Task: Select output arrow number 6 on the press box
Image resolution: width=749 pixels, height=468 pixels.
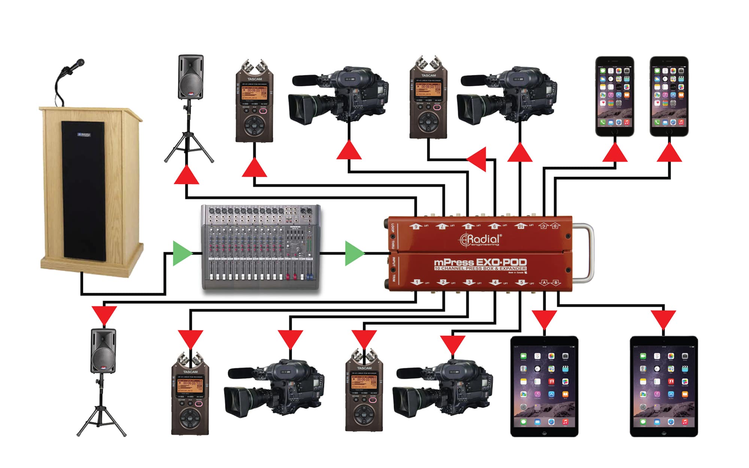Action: click(x=415, y=226)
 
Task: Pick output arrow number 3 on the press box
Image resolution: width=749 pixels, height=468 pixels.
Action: click(x=469, y=282)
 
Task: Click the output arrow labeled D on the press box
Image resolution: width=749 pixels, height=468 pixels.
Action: click(x=555, y=226)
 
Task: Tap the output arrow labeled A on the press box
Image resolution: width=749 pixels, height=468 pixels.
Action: click(x=544, y=283)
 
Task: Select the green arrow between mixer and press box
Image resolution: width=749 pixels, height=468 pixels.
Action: click(x=354, y=253)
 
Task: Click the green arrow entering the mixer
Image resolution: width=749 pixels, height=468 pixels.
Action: click(x=182, y=253)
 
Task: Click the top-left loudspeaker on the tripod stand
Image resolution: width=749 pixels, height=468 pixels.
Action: click(x=191, y=78)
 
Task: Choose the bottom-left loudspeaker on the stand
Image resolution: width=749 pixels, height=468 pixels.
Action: click(x=103, y=351)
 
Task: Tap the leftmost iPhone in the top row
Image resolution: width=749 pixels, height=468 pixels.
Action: click(x=615, y=96)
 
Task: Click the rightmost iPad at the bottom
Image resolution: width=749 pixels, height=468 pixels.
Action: click(x=664, y=386)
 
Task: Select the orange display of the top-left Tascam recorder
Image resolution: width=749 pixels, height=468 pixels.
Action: click(x=254, y=90)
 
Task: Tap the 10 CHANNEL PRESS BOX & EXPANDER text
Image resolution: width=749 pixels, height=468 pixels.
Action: click(x=480, y=268)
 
